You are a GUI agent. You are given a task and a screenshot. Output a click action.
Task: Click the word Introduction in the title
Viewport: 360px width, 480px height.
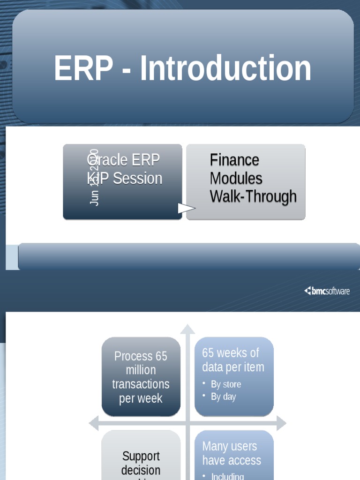point(225,68)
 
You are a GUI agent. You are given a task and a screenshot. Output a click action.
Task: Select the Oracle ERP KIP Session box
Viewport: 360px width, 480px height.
point(123,182)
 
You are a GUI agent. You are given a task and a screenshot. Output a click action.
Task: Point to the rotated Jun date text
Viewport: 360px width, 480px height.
point(94,177)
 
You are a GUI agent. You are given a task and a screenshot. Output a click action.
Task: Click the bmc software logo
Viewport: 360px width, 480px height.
point(327,291)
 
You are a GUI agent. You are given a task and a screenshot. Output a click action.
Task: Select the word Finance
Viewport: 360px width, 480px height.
point(234,160)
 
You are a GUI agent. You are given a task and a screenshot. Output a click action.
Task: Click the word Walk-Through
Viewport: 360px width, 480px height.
point(253,196)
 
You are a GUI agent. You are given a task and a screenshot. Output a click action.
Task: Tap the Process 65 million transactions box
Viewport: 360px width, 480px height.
point(141,377)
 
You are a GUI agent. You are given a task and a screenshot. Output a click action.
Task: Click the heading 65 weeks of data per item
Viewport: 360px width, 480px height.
point(233,360)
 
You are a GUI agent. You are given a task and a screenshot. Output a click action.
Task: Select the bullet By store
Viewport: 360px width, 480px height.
point(225,384)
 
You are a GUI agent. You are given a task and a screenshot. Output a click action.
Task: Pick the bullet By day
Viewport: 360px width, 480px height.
point(223,397)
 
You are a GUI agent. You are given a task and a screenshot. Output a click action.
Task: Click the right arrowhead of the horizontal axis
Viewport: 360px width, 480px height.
point(281,423)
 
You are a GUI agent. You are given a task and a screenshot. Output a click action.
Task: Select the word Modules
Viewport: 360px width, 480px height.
point(236,179)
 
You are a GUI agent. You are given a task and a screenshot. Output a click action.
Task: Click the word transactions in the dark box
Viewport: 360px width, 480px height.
point(141,384)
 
